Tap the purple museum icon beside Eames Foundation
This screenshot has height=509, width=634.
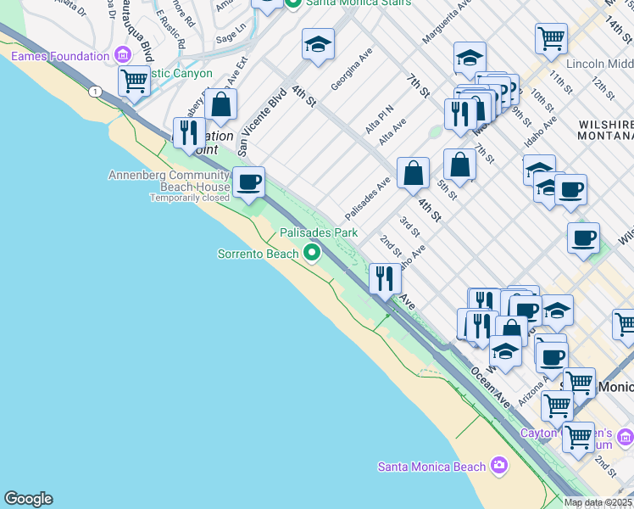(x=123, y=57)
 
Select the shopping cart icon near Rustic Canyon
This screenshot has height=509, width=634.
(x=134, y=81)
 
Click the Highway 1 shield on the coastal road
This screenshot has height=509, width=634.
(x=97, y=91)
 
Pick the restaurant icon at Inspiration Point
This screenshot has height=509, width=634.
(x=188, y=131)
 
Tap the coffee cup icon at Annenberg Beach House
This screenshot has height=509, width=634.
(x=248, y=182)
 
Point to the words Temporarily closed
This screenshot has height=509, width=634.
(x=190, y=198)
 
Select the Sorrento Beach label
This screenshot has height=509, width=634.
(x=258, y=254)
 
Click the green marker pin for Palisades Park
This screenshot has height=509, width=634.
(x=313, y=252)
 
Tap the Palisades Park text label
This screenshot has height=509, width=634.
(x=319, y=232)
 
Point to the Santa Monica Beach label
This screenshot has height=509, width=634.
(x=431, y=466)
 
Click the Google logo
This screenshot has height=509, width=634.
(x=28, y=499)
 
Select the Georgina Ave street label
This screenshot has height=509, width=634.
(x=352, y=69)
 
